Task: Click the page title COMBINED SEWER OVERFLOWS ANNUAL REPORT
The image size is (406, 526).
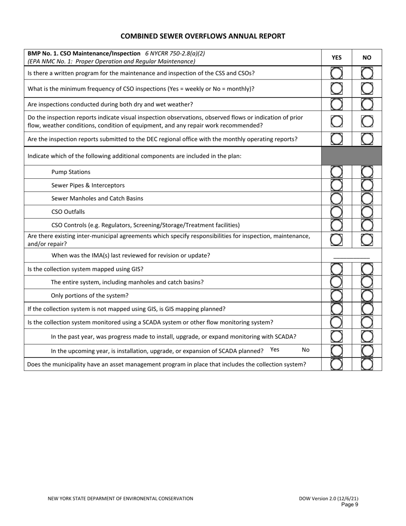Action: click(203, 36)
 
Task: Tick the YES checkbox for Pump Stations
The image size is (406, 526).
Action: click(336, 172)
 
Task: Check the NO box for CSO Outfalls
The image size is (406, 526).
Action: click(367, 212)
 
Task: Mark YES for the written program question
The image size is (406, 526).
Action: click(336, 73)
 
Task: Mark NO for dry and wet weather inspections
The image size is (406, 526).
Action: click(367, 104)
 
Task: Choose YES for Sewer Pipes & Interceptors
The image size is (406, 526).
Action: click(336, 185)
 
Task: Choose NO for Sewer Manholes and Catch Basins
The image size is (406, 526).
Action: click(367, 198)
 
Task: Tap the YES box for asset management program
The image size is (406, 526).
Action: click(336, 364)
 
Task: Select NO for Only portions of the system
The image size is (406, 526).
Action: click(367, 296)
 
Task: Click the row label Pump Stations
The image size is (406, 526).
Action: click(71, 172)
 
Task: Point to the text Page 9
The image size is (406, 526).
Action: click(350, 505)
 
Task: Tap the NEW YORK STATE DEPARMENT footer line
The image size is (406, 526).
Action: click(120, 499)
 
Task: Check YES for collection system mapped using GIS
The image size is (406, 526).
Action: click(336, 269)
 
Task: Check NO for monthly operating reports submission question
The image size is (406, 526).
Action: click(367, 139)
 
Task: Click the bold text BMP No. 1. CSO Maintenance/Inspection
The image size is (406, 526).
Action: click(84, 54)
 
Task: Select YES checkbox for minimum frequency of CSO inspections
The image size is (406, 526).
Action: click(336, 89)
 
